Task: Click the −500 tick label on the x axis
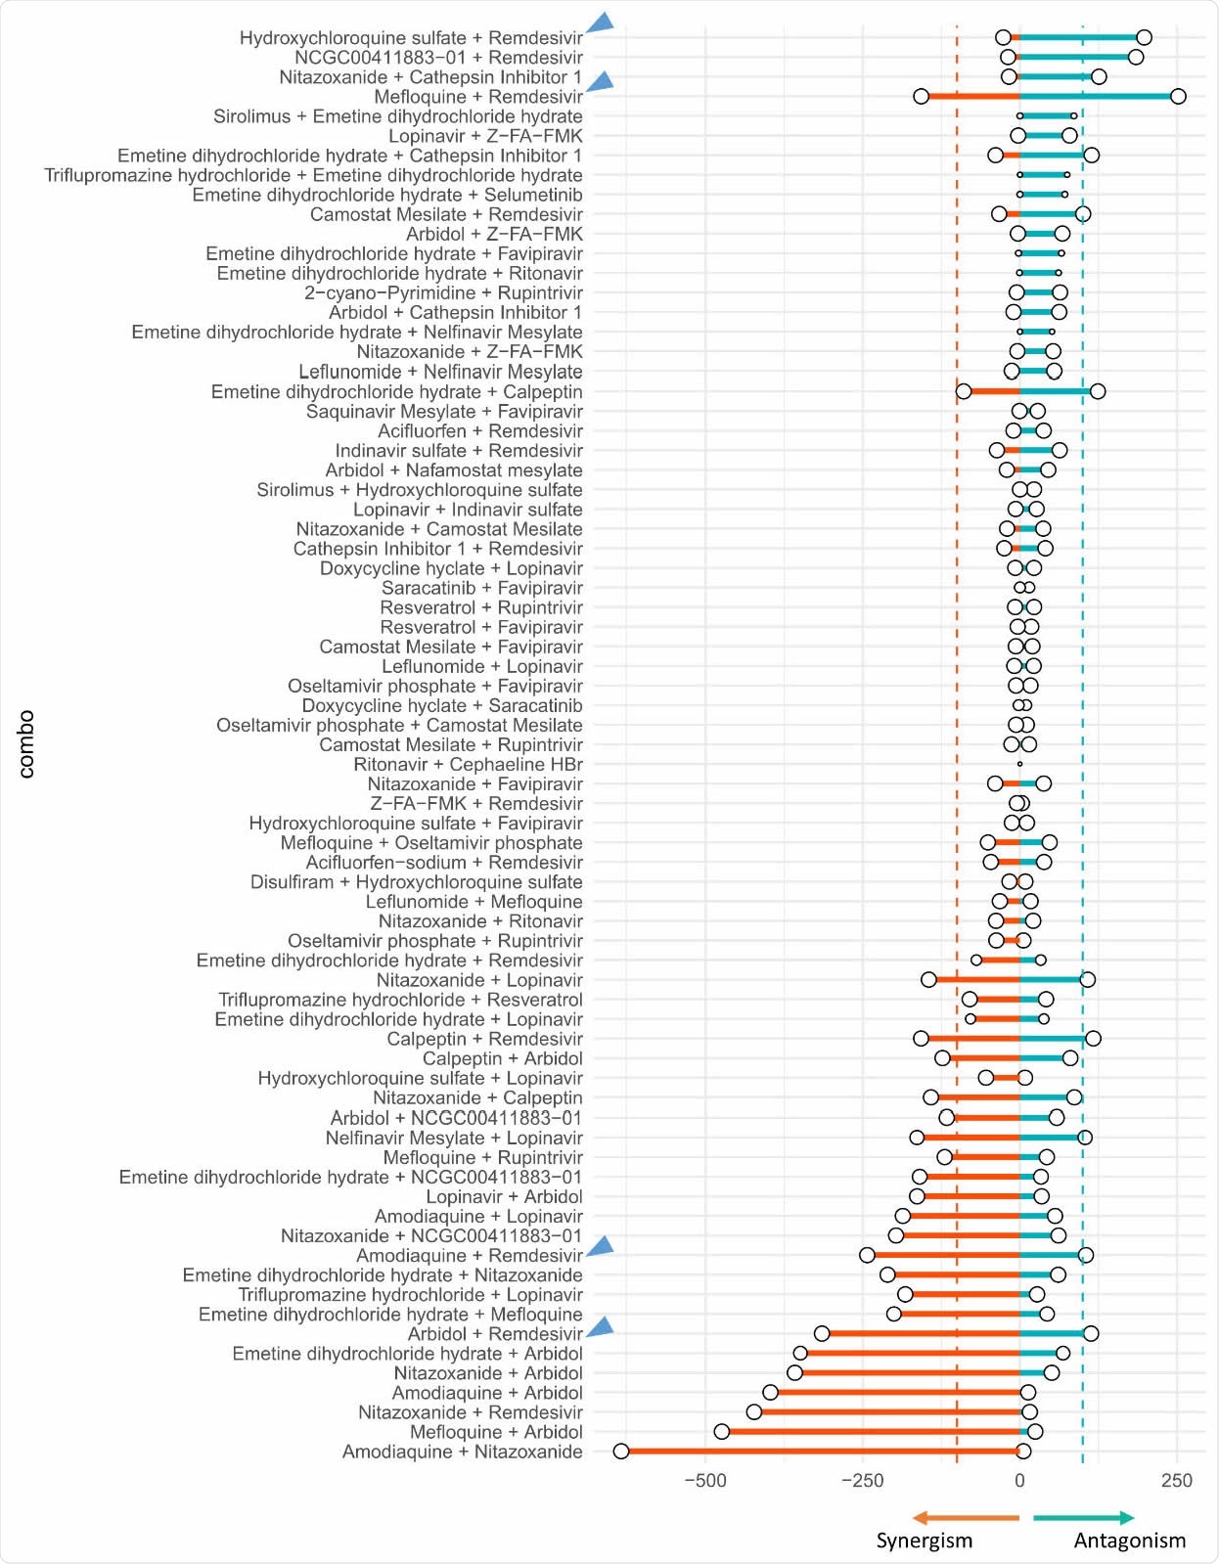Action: (704, 1480)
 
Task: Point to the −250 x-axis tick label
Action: (862, 1480)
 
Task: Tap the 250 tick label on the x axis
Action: (1177, 1480)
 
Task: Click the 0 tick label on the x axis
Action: (1019, 1480)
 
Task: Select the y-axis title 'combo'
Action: (25, 744)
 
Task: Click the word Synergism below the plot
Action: (924, 1541)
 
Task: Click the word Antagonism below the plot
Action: (1129, 1541)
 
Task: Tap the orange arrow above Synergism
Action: (965, 1518)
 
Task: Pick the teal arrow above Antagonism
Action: (1084, 1518)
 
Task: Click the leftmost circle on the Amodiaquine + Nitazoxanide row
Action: (621, 1452)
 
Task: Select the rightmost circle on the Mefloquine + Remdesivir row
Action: (1178, 96)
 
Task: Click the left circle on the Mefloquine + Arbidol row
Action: (722, 1432)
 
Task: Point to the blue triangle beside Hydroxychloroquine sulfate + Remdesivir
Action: (602, 23)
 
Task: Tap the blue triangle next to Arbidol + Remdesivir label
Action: (601, 1327)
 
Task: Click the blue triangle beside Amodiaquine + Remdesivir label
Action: (601, 1246)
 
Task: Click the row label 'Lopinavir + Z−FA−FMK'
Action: (485, 136)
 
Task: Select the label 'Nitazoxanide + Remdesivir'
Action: (470, 1412)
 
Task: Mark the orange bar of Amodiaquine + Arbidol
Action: (894, 1393)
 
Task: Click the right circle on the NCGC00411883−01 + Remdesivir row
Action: (1135, 57)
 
